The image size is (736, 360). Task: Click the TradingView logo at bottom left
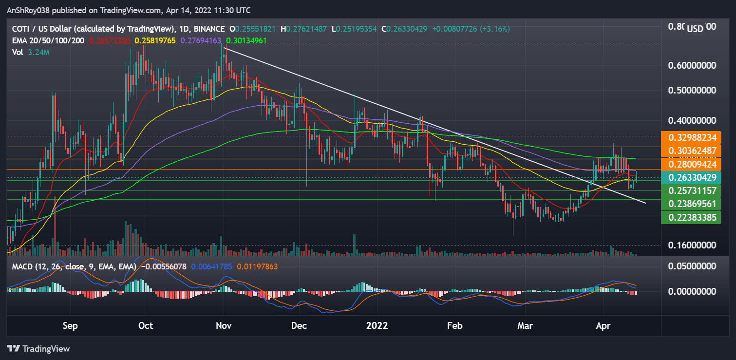38,349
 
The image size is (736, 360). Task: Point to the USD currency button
695,29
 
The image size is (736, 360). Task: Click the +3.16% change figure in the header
493,29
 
